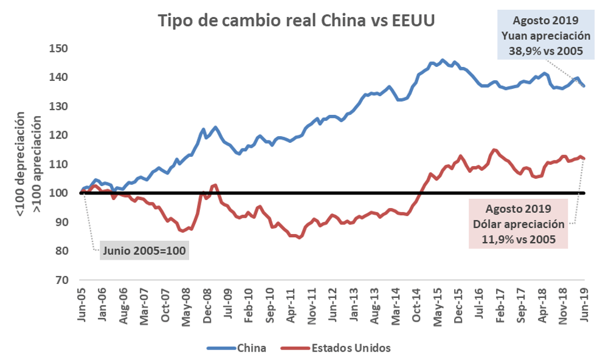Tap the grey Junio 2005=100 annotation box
[143, 250]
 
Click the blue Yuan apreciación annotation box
[543, 35]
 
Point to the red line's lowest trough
[298, 238]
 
